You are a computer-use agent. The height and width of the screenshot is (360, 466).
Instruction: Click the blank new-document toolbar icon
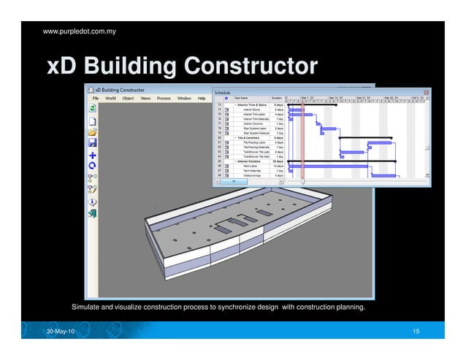click(x=93, y=120)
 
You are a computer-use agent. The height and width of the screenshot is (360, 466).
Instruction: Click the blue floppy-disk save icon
click(x=93, y=144)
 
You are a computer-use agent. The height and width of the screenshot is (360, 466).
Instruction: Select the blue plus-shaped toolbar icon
click(x=93, y=155)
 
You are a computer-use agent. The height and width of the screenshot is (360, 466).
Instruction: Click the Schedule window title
click(x=224, y=92)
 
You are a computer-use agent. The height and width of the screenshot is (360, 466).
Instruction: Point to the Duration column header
click(x=277, y=99)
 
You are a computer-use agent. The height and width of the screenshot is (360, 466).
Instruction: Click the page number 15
click(x=416, y=333)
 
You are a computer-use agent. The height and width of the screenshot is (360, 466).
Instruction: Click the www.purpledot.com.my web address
click(x=75, y=31)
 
